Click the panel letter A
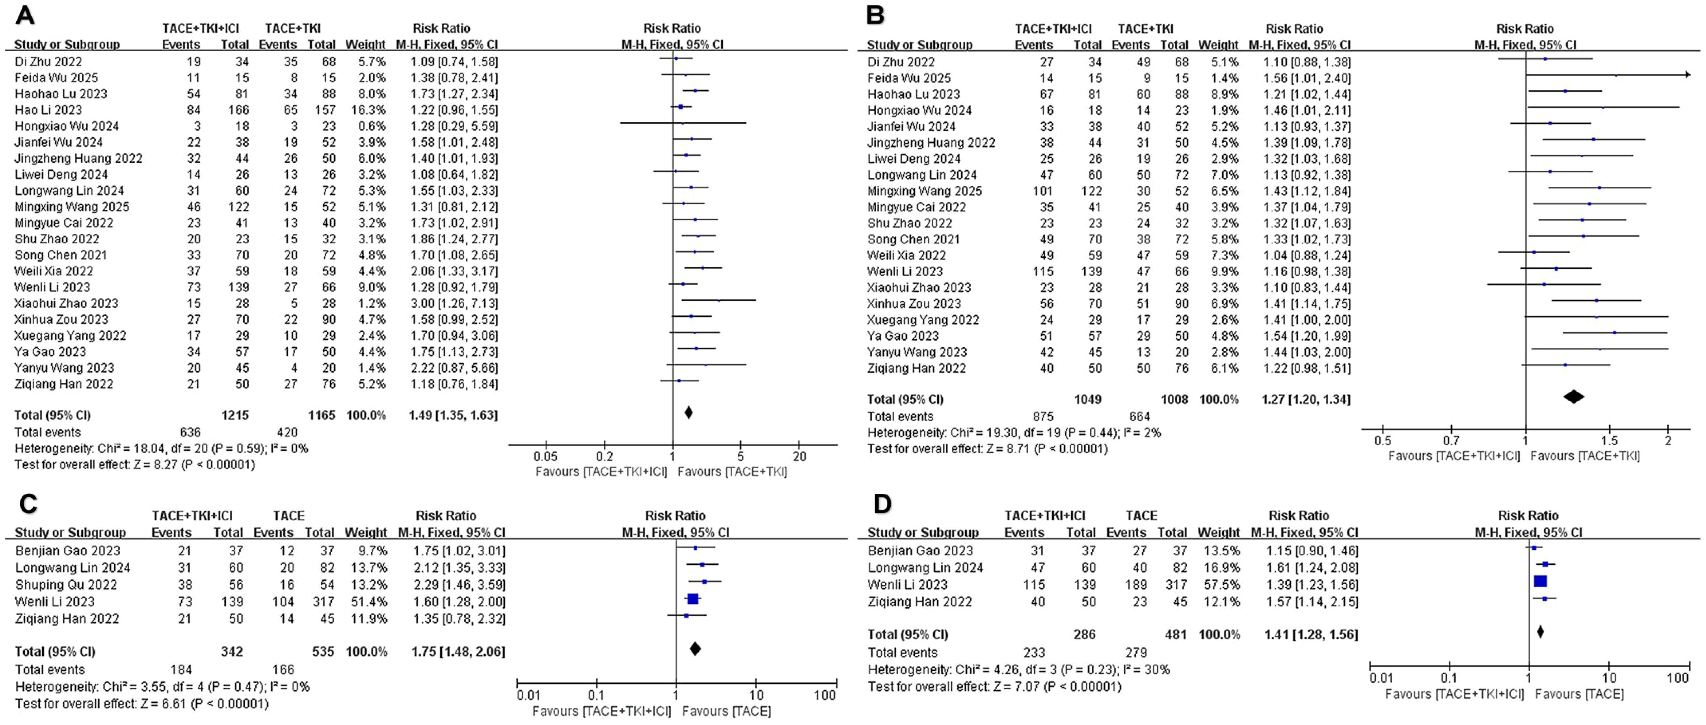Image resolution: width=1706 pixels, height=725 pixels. [25, 15]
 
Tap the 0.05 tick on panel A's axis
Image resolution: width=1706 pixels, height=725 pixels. [545, 456]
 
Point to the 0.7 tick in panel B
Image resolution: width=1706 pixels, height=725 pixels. [1451, 440]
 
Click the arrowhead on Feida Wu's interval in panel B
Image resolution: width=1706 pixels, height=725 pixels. [1688, 75]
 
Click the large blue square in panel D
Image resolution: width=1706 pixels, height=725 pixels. [1540, 581]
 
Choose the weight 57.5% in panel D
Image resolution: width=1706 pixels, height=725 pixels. [1219, 585]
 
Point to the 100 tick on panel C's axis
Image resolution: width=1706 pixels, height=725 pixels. [825, 695]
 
